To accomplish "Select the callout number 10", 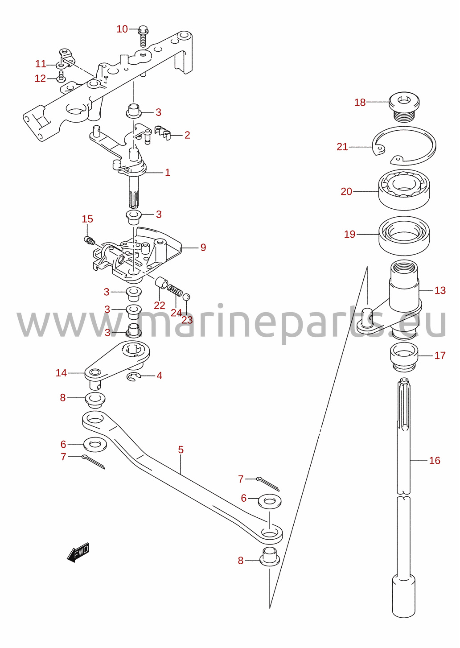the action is pos(122,29).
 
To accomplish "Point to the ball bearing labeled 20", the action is pos(404,190).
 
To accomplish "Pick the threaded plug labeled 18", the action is pos(404,107).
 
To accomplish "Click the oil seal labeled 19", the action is pos(404,236).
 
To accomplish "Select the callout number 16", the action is pos(435,460).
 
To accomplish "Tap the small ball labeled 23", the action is pos(186,297).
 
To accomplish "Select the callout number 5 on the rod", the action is pos(181,450).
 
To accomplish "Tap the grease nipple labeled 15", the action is pos(89,240).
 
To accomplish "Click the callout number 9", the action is pos(203,248).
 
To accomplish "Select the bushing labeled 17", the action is pos(404,357).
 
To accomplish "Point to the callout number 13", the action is pos(440,290).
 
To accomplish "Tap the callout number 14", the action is pos(61,373).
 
